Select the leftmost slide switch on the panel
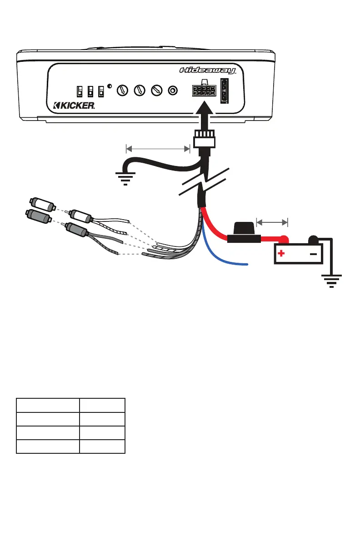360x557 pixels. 80,91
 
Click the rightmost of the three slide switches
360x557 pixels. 100,91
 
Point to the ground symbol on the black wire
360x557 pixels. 125,178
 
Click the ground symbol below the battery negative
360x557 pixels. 332,281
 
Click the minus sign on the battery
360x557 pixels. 313,254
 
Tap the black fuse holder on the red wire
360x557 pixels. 244,234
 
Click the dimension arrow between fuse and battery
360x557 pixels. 272,222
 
